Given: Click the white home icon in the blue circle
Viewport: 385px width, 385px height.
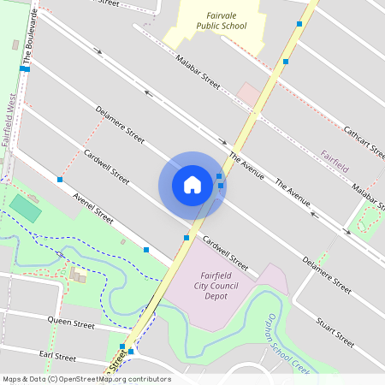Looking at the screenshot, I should (x=192, y=185).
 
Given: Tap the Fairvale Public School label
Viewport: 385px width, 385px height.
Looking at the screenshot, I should (x=221, y=21).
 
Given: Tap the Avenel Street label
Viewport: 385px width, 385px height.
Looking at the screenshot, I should (x=93, y=208).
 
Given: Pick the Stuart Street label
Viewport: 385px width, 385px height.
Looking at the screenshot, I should (x=335, y=331).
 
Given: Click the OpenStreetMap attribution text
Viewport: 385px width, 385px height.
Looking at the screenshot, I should (x=86, y=379).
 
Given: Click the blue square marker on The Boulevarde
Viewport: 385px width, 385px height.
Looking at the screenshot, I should (x=25, y=68).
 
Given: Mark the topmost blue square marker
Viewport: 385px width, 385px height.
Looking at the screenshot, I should (x=299, y=24).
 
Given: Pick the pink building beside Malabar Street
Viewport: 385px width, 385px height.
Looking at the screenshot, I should (x=248, y=93).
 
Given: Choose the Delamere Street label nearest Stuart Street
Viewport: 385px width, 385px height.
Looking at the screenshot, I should (x=327, y=274).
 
